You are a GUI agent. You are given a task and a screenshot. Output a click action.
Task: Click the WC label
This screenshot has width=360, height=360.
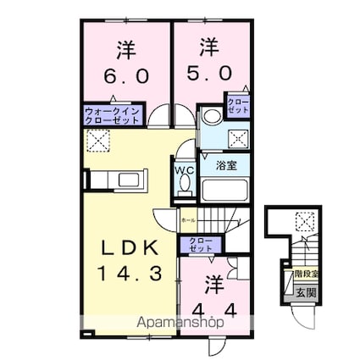coord(183,169)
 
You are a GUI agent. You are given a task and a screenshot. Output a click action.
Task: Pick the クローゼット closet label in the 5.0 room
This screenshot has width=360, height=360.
coord(236,107)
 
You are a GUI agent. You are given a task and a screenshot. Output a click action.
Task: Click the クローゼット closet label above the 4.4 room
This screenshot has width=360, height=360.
coord(200,246)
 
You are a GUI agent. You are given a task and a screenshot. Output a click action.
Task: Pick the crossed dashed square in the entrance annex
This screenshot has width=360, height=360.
coord(303,222)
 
